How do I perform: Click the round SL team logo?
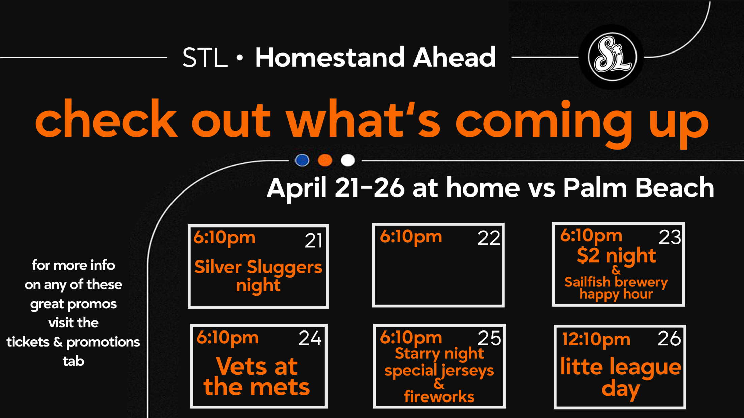(612, 57)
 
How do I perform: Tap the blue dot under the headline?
(302, 160)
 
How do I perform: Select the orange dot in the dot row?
(325, 160)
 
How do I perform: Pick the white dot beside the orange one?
(348, 160)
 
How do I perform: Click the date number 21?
(314, 241)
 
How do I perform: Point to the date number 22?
(489, 238)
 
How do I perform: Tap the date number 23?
(670, 237)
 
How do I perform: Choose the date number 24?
(310, 338)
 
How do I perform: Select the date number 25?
(490, 338)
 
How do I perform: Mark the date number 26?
(670, 339)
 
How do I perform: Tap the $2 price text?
(588, 255)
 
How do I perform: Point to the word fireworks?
(439, 396)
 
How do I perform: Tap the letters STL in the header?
(205, 58)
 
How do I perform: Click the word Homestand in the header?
(330, 57)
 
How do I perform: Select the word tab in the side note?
(73, 361)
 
